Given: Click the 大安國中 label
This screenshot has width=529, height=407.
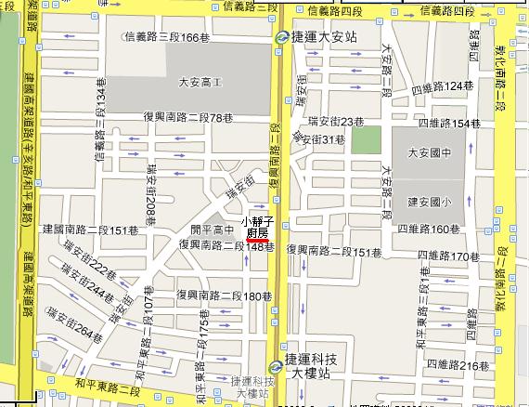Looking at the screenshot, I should pyautogui.click(x=428, y=151).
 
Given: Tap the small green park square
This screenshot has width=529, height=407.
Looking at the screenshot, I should pyautogui.click(x=365, y=138).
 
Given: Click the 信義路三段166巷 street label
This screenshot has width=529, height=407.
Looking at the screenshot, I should pyautogui.click(x=162, y=36).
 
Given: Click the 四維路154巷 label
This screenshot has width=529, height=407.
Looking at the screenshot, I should pyautogui.click(x=448, y=123).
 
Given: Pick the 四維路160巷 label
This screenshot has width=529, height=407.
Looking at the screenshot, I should pyautogui.click(x=429, y=228).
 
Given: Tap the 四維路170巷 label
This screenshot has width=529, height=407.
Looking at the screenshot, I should pyautogui.click(x=451, y=257).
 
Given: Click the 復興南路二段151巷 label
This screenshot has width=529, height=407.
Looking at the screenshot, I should pyautogui.click(x=334, y=252).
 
